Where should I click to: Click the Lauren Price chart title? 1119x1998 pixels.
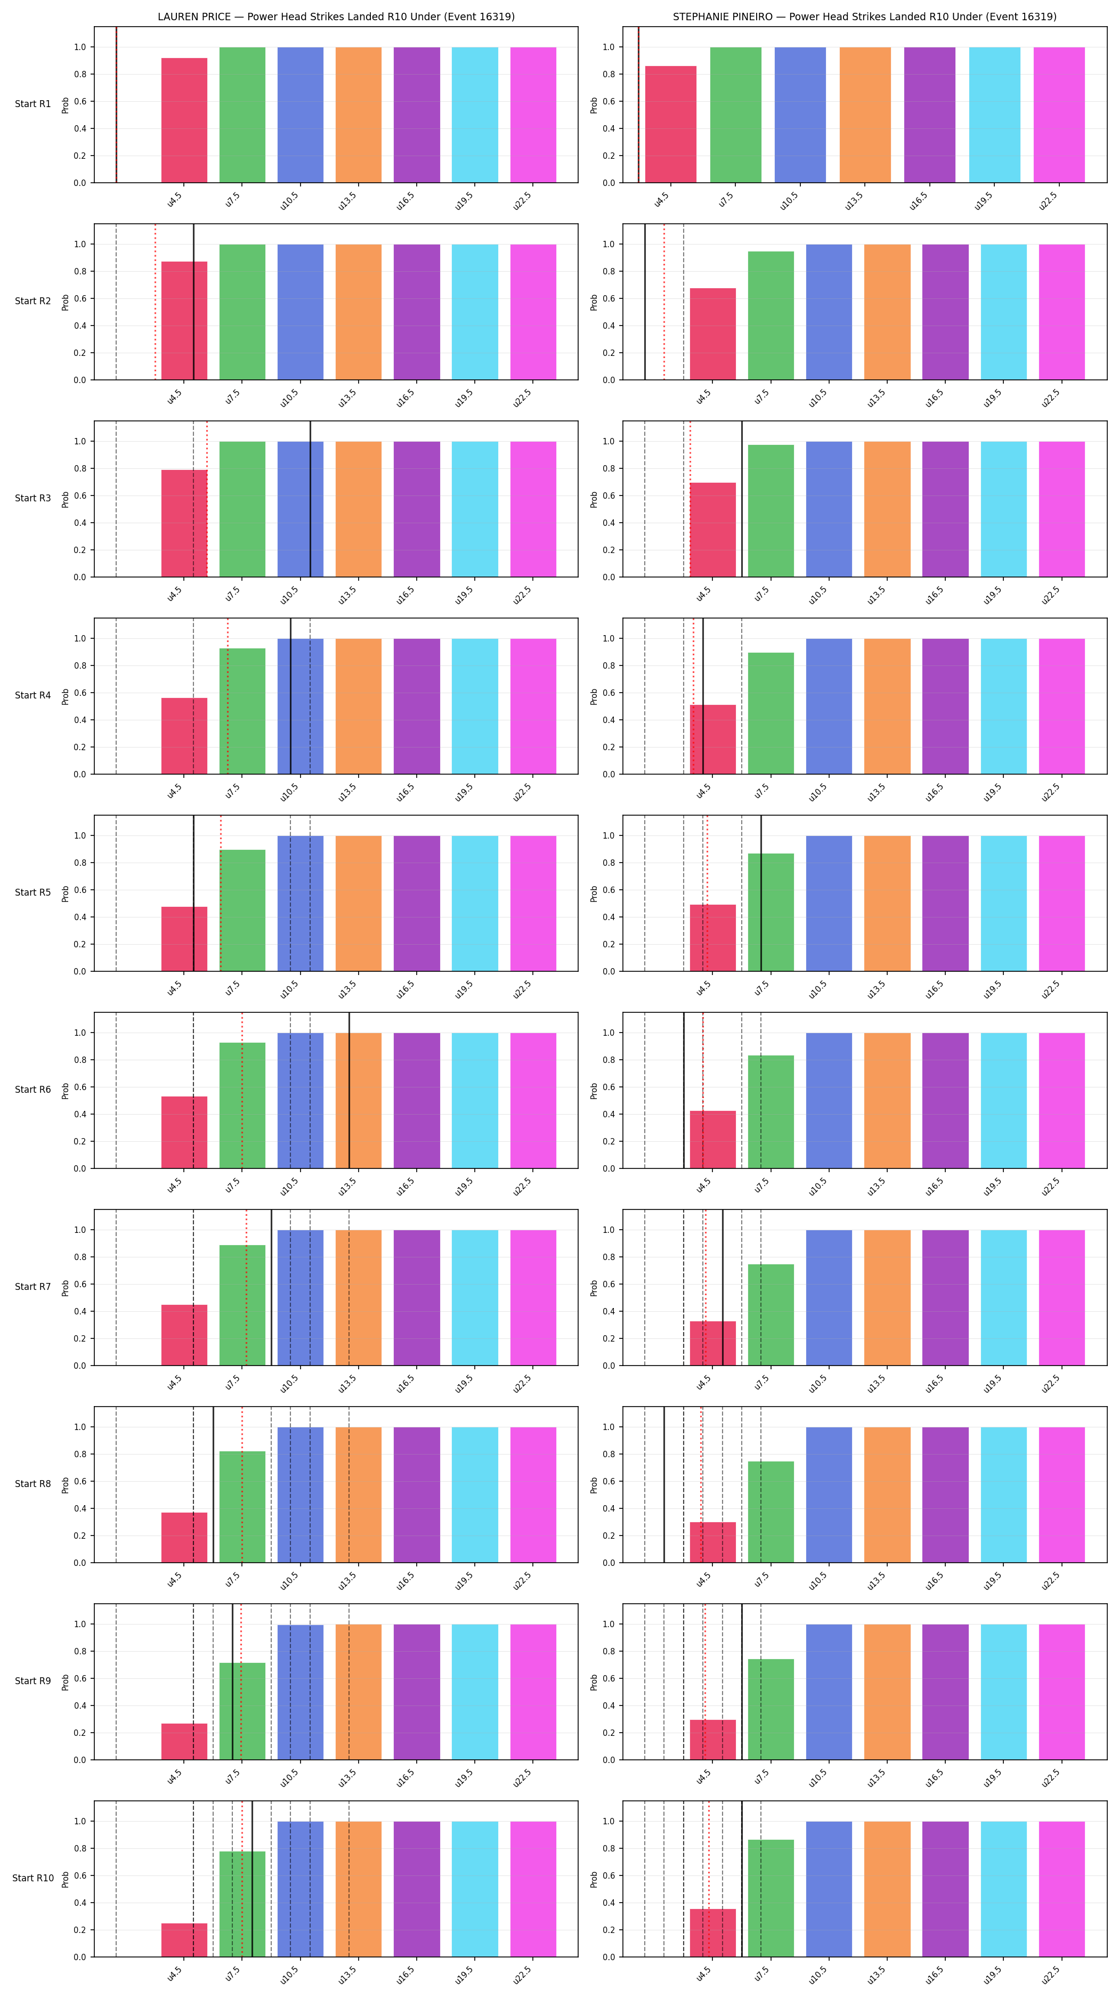click(336, 17)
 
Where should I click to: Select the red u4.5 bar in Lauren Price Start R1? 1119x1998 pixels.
click(184, 120)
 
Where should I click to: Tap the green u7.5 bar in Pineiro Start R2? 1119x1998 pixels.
click(771, 315)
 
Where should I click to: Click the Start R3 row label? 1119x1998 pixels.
click(33, 498)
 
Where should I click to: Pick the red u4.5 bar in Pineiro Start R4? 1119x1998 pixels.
click(712, 739)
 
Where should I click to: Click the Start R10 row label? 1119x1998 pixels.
click(33, 1878)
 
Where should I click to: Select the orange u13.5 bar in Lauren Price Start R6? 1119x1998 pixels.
click(358, 1101)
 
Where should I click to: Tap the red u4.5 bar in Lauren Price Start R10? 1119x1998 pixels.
click(184, 1940)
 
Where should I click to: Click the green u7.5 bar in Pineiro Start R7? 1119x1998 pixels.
click(771, 1314)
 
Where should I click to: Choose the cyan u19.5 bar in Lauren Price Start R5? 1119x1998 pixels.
click(475, 904)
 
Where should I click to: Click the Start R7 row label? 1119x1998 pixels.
click(33, 1287)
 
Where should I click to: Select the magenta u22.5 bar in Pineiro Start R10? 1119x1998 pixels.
click(1061, 1889)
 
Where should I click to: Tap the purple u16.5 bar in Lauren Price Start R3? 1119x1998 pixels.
click(416, 509)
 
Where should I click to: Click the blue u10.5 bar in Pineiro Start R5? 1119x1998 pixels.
click(829, 904)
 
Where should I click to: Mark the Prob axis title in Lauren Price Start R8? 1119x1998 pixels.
click(65, 1484)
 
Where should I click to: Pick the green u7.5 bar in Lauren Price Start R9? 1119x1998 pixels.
click(242, 1711)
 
